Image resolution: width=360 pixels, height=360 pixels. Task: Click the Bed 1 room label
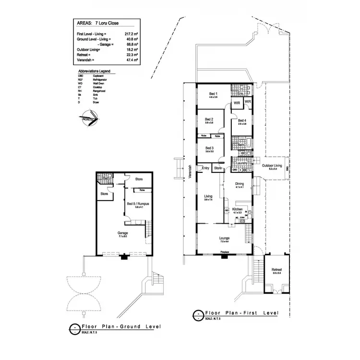(214, 94)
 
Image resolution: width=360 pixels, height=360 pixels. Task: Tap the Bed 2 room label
(209, 120)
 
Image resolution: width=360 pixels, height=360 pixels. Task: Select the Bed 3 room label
(209, 148)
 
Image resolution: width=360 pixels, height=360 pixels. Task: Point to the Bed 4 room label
(242, 120)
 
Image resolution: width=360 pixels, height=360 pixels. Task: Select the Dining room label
(240, 183)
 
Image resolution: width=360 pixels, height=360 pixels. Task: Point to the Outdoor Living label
(273, 166)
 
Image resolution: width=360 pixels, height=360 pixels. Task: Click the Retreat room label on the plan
(276, 270)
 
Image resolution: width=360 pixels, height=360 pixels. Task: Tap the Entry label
(205, 168)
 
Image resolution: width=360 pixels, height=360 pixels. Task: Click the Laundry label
(242, 163)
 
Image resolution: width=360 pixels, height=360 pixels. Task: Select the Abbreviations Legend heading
(94, 71)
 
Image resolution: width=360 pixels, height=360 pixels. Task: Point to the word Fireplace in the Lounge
(224, 252)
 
